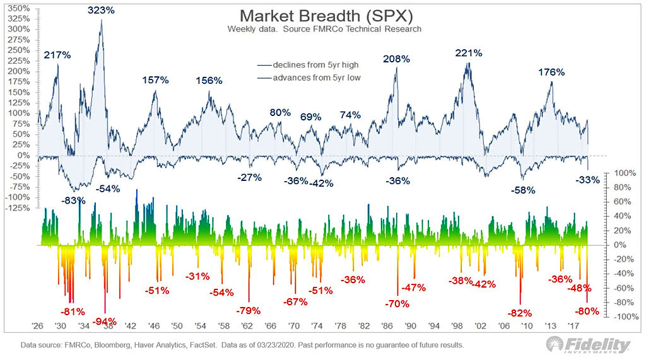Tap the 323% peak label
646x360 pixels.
[102, 10]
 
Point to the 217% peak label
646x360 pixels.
[57, 55]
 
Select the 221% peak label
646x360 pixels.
[469, 53]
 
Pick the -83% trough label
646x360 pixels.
[74, 200]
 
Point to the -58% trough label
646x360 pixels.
[523, 190]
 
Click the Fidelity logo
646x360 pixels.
[589, 345]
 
